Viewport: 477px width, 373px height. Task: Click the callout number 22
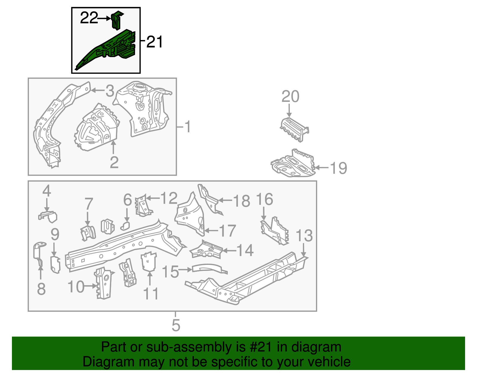coord(89,18)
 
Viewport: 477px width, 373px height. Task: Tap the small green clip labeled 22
coord(117,20)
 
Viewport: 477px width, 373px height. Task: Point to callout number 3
coord(110,91)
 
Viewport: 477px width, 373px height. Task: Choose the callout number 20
coord(290,97)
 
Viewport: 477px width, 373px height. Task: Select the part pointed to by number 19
coord(294,164)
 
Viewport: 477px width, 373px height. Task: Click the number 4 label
coord(47,191)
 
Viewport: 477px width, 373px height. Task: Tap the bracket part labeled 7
coord(88,232)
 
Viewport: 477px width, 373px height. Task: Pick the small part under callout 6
coord(126,225)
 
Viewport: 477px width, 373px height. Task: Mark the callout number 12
coord(169,198)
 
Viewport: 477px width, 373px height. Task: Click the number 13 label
coord(304,236)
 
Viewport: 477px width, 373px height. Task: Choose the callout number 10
coord(76,287)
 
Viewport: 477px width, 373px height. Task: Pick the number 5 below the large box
coord(176,325)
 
